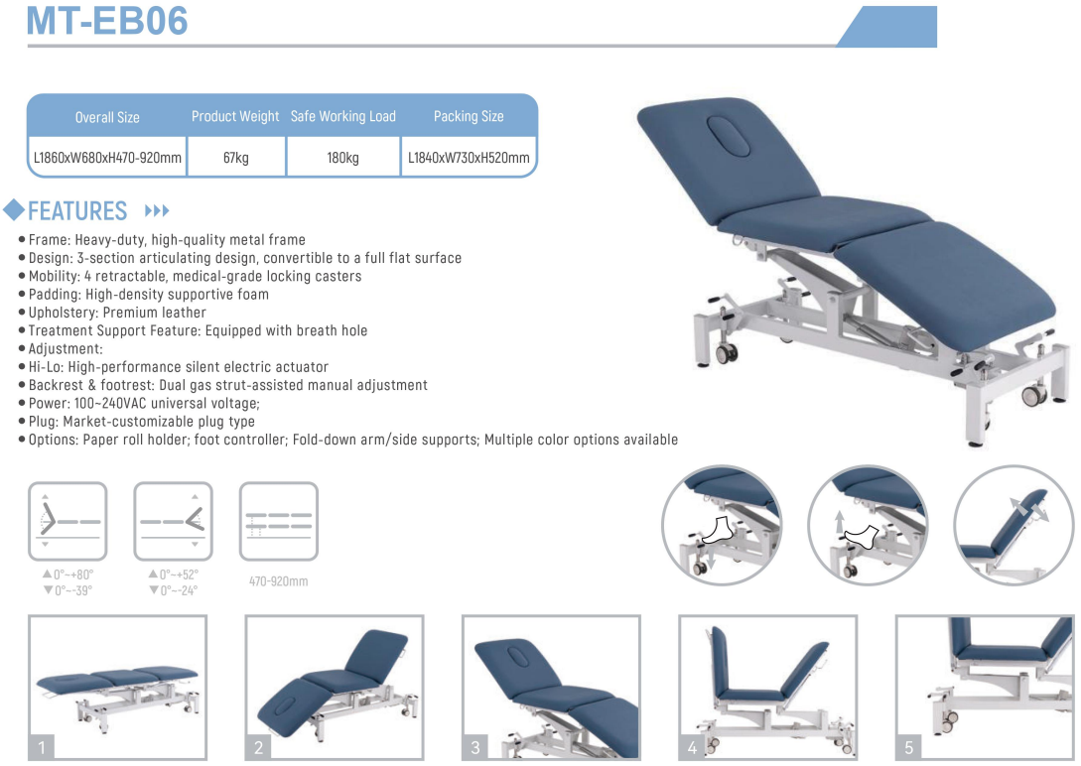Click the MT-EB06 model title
point(107,20)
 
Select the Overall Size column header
point(107,117)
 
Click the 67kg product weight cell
point(236,158)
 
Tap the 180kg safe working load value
point(342,158)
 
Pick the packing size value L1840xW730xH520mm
point(469,158)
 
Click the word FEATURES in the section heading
point(77,210)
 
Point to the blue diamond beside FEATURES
point(14,209)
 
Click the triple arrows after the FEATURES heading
point(157,210)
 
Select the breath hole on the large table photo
point(729,136)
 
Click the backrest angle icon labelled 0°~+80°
point(68,521)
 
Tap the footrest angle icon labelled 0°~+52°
point(173,521)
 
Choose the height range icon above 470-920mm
point(279,521)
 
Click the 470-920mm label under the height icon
point(279,581)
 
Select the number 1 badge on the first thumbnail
point(42,747)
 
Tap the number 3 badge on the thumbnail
point(475,747)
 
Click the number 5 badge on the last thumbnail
point(908,747)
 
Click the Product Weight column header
point(235,116)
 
